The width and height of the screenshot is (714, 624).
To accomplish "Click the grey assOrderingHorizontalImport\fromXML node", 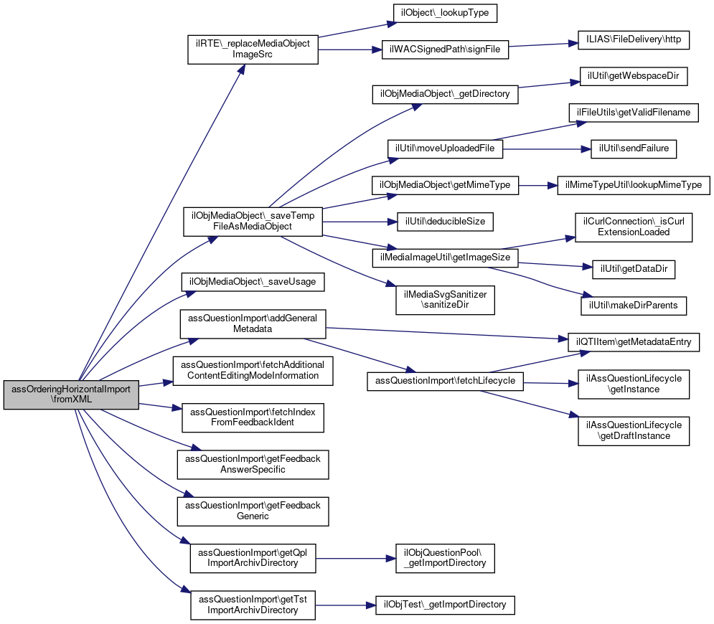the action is (x=71, y=394).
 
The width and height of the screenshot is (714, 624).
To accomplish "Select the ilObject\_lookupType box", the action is (x=445, y=13).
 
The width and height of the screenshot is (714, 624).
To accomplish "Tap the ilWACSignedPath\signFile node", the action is (x=445, y=49).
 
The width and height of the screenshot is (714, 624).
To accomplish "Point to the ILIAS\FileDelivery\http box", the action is (x=634, y=39).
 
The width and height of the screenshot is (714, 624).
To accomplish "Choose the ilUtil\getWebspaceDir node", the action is (x=634, y=76).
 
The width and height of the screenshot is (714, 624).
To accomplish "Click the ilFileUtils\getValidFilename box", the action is (x=634, y=113).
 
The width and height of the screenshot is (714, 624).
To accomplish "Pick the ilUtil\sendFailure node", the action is (x=634, y=149).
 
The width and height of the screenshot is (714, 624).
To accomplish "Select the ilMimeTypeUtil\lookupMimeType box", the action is (x=634, y=185).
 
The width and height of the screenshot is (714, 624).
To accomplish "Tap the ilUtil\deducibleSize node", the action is (x=445, y=222).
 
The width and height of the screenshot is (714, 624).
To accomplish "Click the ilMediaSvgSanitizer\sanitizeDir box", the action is (x=445, y=300).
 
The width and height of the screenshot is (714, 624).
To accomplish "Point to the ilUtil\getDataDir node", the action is (x=634, y=269).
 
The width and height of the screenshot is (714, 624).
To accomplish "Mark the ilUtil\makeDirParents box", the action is (x=634, y=306).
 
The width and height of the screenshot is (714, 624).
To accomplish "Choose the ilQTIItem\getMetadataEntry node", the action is (x=634, y=342).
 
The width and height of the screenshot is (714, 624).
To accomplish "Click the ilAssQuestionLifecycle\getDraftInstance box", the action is (x=634, y=430).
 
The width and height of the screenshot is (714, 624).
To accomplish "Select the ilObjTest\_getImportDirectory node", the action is (x=445, y=605).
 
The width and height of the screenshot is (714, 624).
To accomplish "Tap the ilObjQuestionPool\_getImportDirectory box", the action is (x=445, y=558).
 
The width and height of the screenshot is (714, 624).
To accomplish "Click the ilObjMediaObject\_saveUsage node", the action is (x=253, y=282).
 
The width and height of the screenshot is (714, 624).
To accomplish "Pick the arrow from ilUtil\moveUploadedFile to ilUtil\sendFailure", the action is (x=547, y=149).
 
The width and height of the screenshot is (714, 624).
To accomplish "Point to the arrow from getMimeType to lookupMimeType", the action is (x=538, y=185).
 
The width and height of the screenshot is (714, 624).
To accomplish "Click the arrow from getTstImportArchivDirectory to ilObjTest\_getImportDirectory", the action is (x=346, y=605).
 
